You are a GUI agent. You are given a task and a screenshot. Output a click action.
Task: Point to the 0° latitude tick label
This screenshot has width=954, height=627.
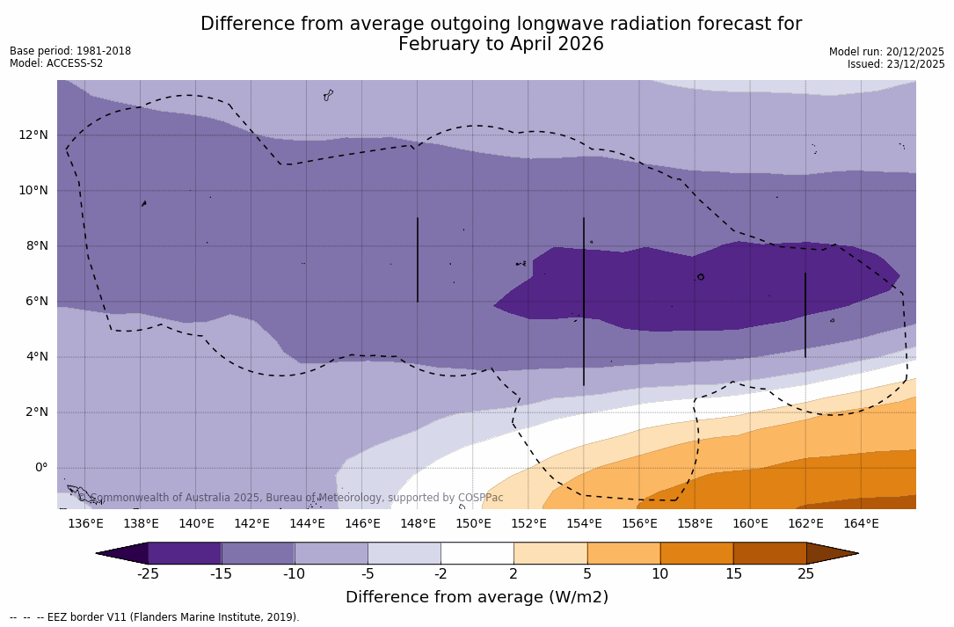tap(40, 467)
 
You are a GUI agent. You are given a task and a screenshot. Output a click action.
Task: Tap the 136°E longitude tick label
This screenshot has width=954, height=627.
tap(85, 523)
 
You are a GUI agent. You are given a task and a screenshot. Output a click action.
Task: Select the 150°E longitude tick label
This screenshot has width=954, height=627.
tap(473, 523)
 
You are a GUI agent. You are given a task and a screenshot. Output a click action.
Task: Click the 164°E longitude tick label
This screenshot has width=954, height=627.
tap(861, 523)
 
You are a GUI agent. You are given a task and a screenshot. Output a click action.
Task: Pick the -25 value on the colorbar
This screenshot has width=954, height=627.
tap(148, 574)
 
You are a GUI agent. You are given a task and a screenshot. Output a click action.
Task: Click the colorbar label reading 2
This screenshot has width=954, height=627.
tap(513, 574)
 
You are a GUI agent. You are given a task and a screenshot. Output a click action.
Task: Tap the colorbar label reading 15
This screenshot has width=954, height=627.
tap(732, 574)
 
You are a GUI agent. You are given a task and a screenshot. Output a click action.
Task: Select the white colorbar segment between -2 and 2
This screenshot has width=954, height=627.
tap(477, 553)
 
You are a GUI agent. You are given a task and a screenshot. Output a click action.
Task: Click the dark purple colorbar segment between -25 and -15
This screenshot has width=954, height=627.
tap(185, 553)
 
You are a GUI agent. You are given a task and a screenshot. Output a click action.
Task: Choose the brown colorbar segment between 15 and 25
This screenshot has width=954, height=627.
tap(769, 553)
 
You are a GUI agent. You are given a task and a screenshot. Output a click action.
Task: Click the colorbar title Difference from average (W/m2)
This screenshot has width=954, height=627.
tap(477, 597)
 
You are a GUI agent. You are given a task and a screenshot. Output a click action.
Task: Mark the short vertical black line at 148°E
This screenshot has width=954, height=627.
tap(418, 259)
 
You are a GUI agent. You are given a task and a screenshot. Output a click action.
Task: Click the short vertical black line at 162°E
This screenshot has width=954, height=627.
tap(805, 314)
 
